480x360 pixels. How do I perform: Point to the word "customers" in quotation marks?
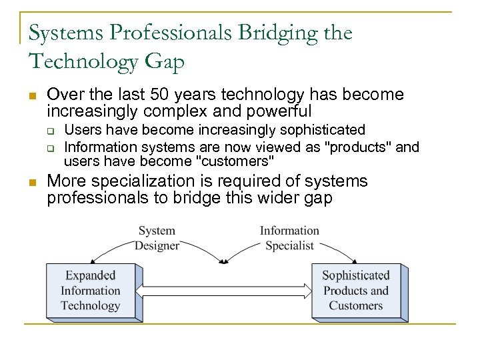pos(235,161)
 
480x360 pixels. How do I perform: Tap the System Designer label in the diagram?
pos(157,238)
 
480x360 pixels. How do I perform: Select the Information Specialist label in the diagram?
pos(289,238)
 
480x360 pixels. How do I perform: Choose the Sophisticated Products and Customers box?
pos(356,291)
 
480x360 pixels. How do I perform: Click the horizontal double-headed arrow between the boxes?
pos(227,291)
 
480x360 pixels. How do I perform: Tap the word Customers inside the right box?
pos(356,306)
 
